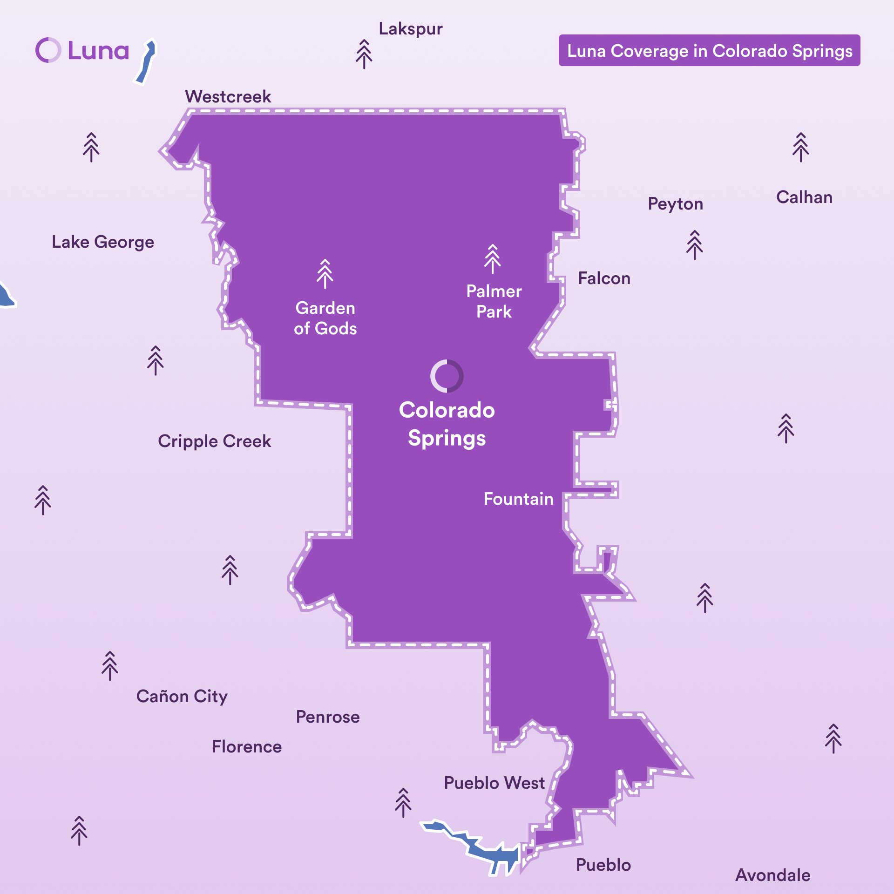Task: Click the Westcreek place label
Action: pyautogui.click(x=228, y=96)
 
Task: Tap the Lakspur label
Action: pyautogui.click(x=410, y=29)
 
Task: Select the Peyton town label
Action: pyautogui.click(x=675, y=204)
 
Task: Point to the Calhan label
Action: pyautogui.click(x=804, y=197)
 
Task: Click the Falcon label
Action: pyautogui.click(x=604, y=278)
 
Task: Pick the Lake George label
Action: pyautogui.click(x=103, y=242)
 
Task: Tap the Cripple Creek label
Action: pyautogui.click(x=214, y=441)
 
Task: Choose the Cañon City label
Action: pyautogui.click(x=182, y=696)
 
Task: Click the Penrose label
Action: pyautogui.click(x=328, y=717)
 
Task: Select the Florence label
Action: pyautogui.click(x=247, y=746)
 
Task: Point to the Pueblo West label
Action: pyautogui.click(x=494, y=783)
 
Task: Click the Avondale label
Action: pyautogui.click(x=773, y=875)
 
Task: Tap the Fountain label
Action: pyautogui.click(x=518, y=499)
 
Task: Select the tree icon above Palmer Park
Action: pyautogui.click(x=492, y=259)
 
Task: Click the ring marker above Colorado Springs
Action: pyautogui.click(x=447, y=376)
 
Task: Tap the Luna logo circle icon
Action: pyautogui.click(x=48, y=50)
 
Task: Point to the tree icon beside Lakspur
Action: pyautogui.click(x=364, y=54)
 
